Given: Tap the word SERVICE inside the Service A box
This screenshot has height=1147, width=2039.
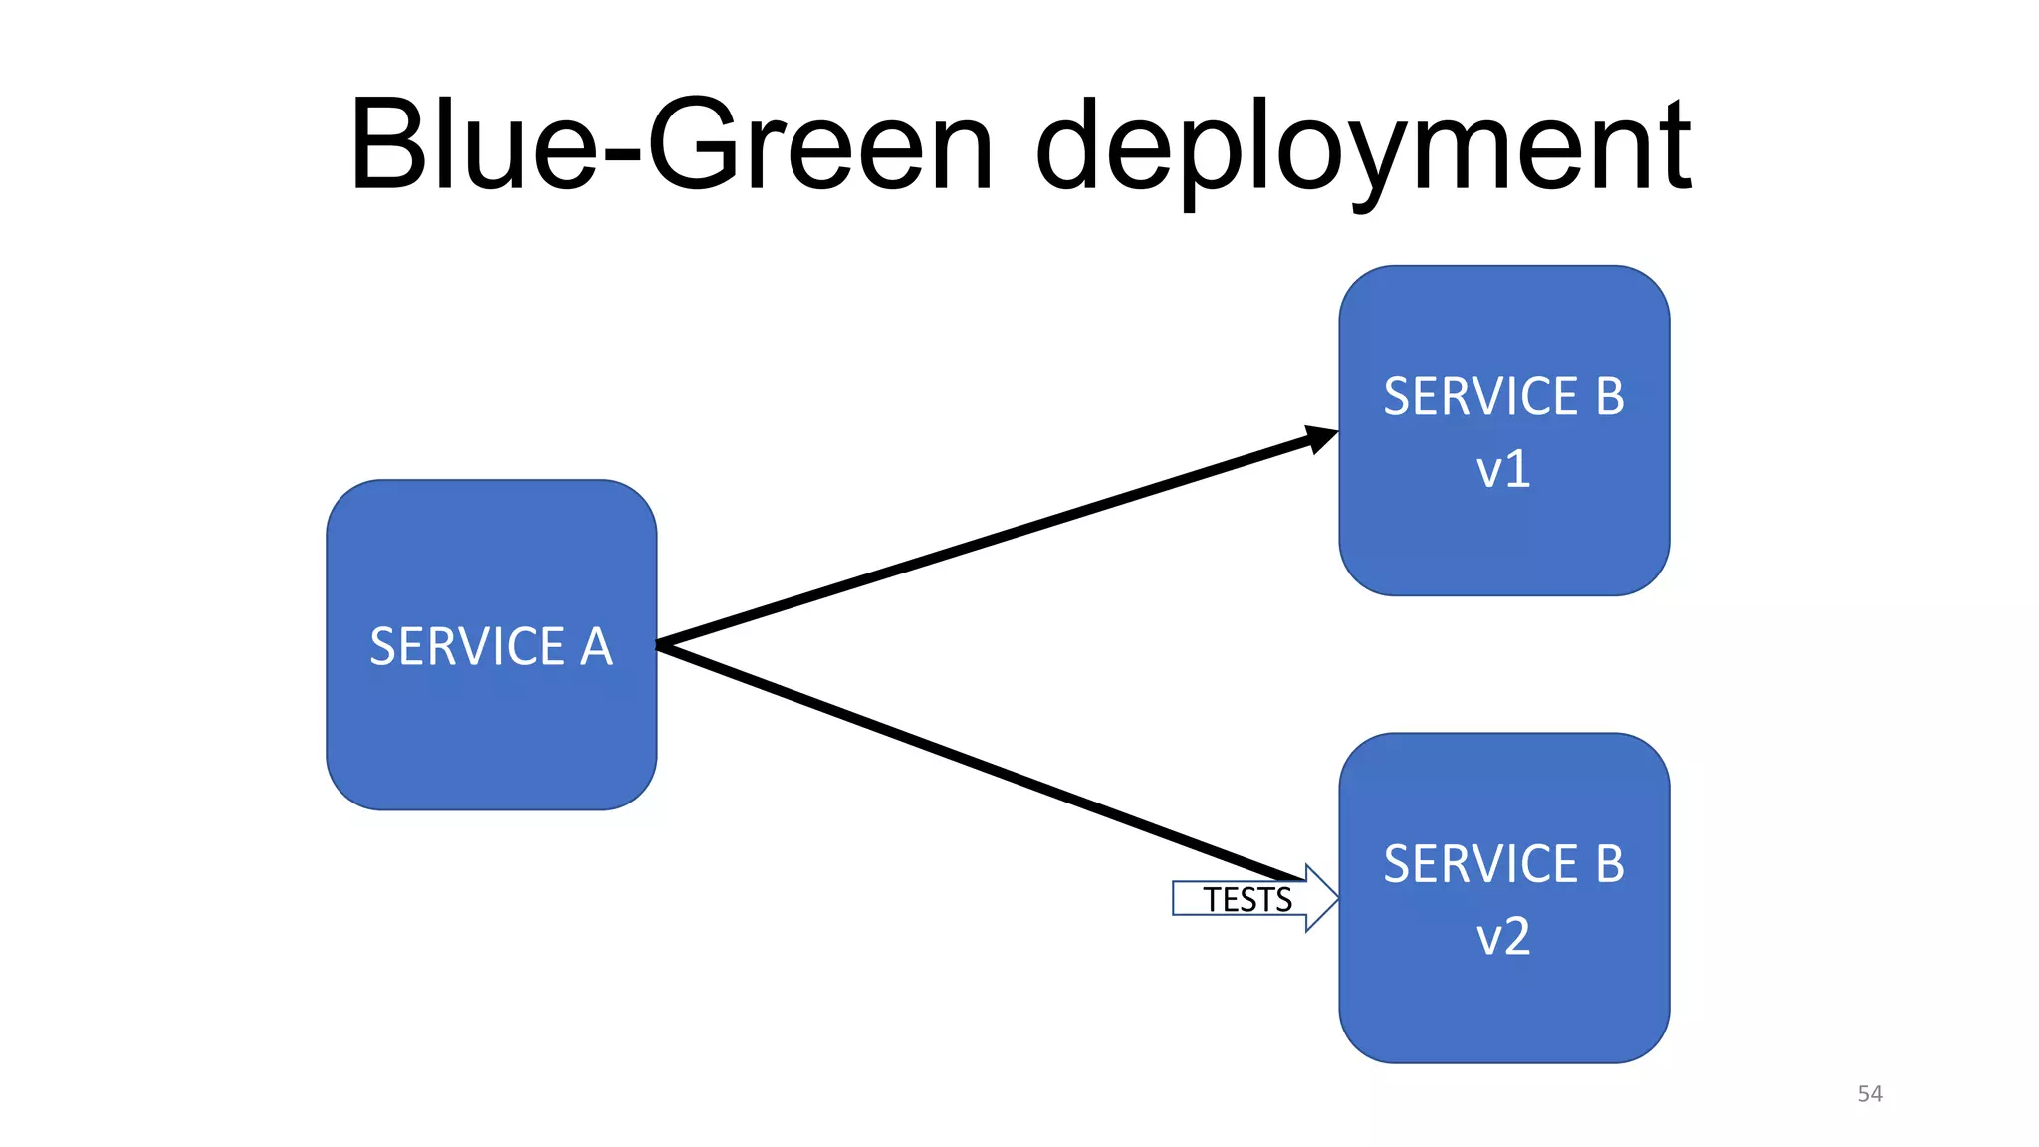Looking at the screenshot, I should click(467, 647).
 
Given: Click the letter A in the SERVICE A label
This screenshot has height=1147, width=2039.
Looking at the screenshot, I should click(596, 647).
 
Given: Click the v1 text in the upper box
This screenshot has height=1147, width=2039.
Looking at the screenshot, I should click(1503, 470).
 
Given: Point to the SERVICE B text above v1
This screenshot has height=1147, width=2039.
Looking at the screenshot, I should click(1503, 396).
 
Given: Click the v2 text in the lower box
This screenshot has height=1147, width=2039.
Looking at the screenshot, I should click(1503, 937).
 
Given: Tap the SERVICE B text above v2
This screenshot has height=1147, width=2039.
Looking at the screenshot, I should click(1503, 863).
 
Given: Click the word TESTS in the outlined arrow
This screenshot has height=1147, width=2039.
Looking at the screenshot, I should click(1246, 900).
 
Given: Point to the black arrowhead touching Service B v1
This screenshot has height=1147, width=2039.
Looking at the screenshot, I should click(1322, 438).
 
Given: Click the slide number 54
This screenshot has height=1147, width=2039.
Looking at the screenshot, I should click(1869, 1094).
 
